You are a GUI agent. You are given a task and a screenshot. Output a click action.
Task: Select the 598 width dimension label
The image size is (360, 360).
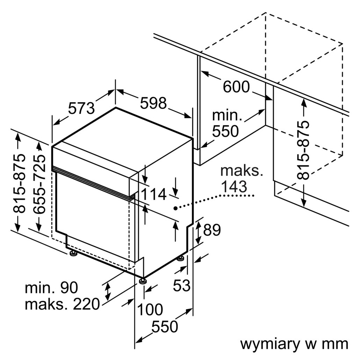153,103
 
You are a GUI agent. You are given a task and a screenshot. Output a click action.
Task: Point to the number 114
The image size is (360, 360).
154,194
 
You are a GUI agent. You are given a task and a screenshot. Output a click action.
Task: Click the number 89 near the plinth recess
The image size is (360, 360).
212,230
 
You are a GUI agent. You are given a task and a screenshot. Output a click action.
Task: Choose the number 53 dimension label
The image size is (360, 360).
182,285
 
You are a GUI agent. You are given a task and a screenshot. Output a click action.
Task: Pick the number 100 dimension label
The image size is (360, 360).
150,310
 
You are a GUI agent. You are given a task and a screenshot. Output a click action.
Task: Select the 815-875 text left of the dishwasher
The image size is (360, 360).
19,183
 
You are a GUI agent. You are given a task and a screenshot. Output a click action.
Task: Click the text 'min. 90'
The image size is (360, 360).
51,288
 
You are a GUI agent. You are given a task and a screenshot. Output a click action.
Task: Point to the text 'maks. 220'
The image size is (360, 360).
62,304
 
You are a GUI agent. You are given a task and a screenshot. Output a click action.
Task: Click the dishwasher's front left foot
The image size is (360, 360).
73,253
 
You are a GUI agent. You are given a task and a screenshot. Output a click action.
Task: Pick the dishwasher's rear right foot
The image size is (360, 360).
180,259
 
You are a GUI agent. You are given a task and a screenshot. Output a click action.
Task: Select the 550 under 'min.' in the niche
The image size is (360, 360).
225,131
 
